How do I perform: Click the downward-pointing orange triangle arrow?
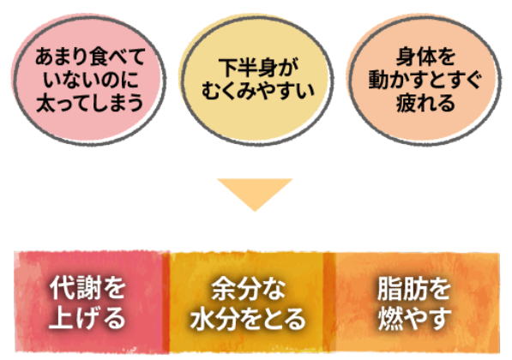point(255,193)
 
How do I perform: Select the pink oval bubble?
point(88,80)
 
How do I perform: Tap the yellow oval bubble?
point(256,80)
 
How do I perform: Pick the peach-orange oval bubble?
point(425,80)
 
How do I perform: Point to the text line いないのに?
point(90,80)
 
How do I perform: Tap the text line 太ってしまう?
point(89,103)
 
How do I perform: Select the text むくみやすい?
point(257,91)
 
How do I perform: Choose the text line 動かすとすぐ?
point(425,80)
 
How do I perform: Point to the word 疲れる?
point(425,103)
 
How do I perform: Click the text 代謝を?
point(87,288)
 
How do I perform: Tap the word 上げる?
point(87,317)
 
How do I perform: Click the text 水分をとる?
point(248,318)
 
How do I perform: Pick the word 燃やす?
point(415,318)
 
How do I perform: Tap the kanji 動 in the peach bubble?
point(378,80)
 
